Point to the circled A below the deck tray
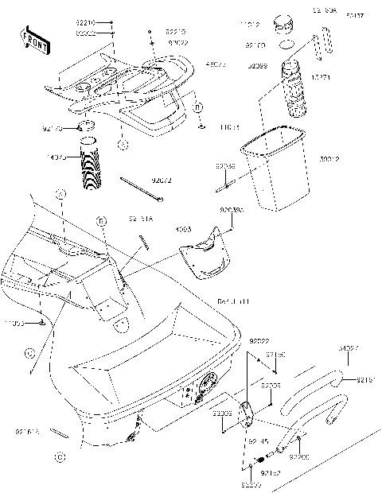pyautogui.click(x=122, y=145)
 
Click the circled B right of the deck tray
pyautogui.click(x=199, y=107)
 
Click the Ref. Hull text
pyautogui.click(x=233, y=301)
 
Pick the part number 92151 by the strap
pyautogui.click(x=366, y=379)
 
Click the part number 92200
pyautogui.click(x=299, y=457)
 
